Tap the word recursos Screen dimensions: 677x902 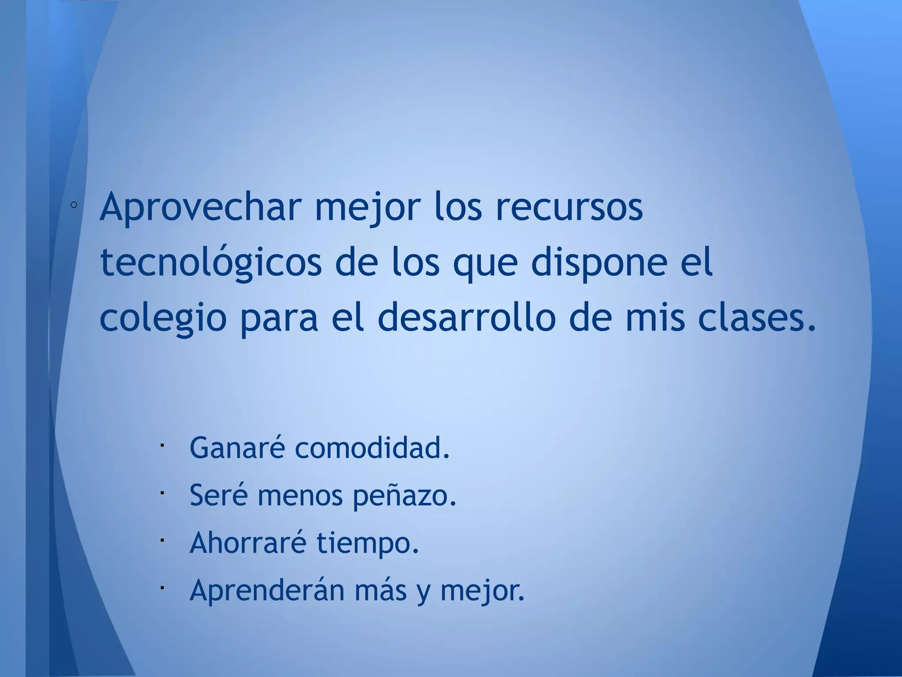[x=569, y=207]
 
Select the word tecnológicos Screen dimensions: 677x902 [x=211, y=264]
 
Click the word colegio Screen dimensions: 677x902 [x=163, y=320]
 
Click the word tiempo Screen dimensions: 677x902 [x=367, y=543]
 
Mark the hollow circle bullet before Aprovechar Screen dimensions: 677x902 [x=74, y=205]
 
